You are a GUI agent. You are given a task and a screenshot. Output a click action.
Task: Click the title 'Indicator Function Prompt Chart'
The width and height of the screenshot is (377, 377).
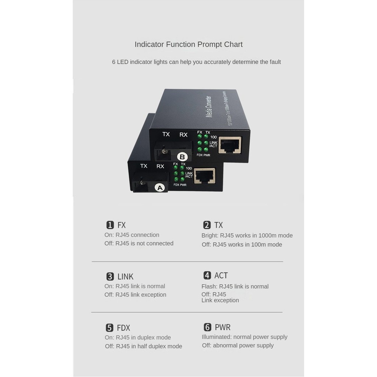point(188,45)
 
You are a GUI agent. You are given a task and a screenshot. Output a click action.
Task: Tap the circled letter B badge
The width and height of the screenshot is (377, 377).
point(182,157)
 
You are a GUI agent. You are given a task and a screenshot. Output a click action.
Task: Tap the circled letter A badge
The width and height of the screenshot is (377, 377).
point(160,187)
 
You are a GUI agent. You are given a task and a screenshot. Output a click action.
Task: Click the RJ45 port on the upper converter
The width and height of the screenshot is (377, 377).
point(230,145)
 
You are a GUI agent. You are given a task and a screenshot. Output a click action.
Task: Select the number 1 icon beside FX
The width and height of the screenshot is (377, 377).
point(110,225)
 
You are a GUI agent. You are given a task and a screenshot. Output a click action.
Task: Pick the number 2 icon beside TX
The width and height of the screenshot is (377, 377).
point(207,225)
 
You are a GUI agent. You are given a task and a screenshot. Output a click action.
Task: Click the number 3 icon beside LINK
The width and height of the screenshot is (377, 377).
point(110,276)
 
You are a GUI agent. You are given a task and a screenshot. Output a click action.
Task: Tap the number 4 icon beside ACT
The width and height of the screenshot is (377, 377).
point(207,275)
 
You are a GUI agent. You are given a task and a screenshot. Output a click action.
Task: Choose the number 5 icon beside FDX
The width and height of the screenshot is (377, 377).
point(109,328)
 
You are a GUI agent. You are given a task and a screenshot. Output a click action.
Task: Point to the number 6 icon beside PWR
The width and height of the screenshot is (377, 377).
point(207,327)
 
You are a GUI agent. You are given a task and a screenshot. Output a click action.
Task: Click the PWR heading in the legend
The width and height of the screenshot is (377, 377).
point(222,327)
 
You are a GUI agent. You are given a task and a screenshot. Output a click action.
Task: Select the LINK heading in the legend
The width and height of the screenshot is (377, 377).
point(125,276)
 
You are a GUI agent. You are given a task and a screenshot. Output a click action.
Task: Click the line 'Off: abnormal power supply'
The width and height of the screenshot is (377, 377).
point(238,345)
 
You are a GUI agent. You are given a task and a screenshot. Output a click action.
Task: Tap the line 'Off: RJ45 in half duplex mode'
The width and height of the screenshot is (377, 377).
point(144,346)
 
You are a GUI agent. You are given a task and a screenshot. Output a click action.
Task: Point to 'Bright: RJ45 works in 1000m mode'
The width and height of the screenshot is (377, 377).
point(247,236)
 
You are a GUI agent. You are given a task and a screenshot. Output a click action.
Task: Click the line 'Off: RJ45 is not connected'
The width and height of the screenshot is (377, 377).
point(139,243)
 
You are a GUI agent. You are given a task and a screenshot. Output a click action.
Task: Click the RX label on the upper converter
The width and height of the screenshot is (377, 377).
point(183,135)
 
